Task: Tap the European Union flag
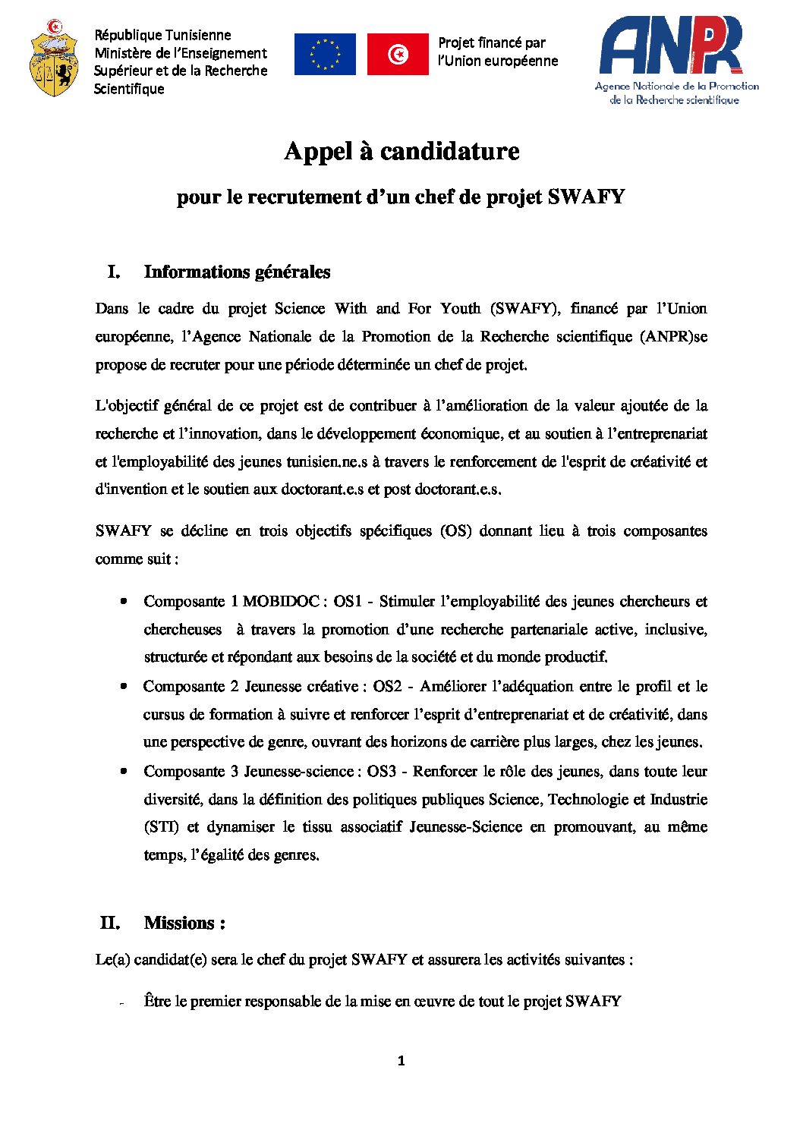click(325, 54)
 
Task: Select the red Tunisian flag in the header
click(398, 54)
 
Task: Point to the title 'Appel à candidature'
click(401, 151)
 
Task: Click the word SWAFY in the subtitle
click(586, 197)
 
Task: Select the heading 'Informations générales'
click(237, 272)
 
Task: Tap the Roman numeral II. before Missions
click(110, 923)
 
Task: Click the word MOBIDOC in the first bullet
click(281, 601)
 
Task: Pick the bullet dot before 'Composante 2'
click(123, 686)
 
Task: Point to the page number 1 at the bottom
click(401, 1061)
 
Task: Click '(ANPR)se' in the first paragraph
click(673, 336)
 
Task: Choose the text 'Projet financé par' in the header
click(492, 42)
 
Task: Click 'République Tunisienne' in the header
click(162, 35)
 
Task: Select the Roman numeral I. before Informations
click(114, 272)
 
